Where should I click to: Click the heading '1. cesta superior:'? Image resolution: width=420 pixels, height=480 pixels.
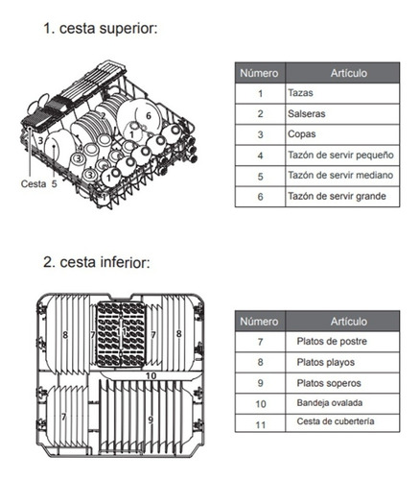click(x=101, y=29)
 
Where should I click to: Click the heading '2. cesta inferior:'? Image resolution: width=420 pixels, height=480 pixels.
click(x=97, y=262)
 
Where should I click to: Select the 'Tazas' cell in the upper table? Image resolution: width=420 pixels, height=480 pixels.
click(x=342, y=93)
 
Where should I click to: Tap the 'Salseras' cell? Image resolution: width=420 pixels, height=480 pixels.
click(x=342, y=114)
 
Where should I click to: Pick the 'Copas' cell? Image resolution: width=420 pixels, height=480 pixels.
click(x=342, y=134)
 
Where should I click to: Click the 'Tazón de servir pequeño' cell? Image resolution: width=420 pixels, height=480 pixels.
click(x=342, y=156)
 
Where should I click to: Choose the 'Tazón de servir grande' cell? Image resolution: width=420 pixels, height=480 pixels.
click(x=342, y=196)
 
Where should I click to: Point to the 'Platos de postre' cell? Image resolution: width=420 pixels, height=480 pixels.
click(x=342, y=342)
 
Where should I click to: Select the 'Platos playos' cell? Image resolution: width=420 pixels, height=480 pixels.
click(x=342, y=363)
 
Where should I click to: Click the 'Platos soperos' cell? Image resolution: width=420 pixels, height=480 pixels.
click(x=342, y=383)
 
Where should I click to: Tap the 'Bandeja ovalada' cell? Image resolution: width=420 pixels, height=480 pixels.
click(x=342, y=403)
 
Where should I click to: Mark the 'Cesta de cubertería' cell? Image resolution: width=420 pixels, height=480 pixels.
click(x=342, y=423)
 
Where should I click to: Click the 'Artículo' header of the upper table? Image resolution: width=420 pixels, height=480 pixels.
click(x=342, y=73)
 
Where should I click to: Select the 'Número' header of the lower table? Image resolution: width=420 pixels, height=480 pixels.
click(x=260, y=321)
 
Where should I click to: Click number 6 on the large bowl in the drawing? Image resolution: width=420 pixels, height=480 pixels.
click(x=149, y=115)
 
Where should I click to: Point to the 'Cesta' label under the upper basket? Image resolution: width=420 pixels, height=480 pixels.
click(x=34, y=184)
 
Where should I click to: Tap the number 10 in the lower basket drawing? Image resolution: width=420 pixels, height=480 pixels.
click(x=151, y=375)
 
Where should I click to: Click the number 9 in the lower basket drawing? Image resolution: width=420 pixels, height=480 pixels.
click(x=151, y=420)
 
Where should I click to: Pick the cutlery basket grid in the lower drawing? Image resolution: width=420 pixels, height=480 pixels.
click(x=121, y=334)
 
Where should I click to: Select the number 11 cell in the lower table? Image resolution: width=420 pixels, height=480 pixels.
click(x=261, y=424)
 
